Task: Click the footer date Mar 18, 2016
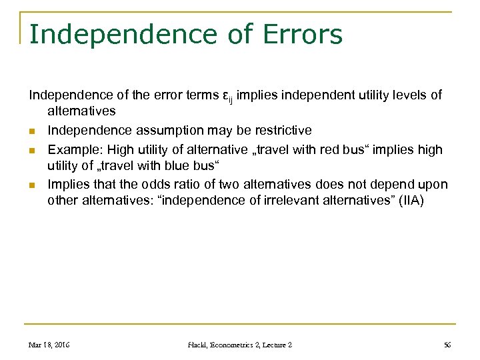click(x=49, y=345)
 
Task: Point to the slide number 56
click(x=447, y=345)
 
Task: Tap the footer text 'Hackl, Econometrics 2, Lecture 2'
click(x=239, y=345)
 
